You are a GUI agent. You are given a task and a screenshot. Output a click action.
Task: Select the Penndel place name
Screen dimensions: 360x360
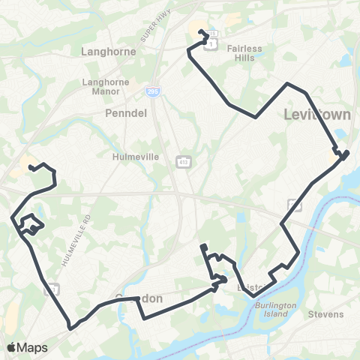(121, 110)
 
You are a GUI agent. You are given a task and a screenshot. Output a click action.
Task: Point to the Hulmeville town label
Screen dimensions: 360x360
(132, 157)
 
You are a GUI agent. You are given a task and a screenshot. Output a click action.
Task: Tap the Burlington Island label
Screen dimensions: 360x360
(274, 310)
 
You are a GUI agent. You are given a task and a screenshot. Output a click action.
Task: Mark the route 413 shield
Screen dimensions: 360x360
(183, 161)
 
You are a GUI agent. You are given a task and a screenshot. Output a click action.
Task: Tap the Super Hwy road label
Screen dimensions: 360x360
(147, 30)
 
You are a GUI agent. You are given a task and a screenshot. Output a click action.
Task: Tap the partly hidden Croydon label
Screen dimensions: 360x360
(138, 298)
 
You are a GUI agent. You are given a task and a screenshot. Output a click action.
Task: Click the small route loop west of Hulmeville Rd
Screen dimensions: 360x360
(31, 224)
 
